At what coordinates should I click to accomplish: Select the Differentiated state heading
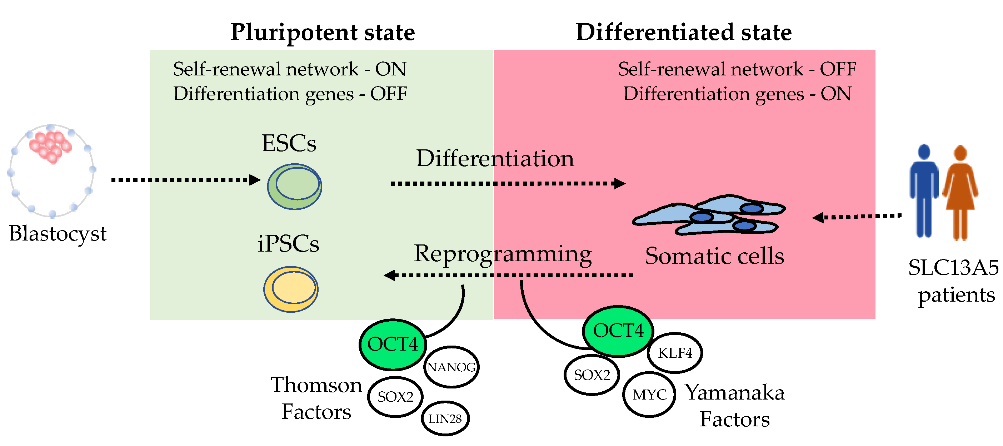coord(684,32)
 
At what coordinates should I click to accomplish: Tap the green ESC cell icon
coord(294,187)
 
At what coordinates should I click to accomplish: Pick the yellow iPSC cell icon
coord(291,289)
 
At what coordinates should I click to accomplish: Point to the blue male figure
coord(924,191)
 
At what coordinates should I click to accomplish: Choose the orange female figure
coord(960,193)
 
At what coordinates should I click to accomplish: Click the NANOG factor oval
coord(451,367)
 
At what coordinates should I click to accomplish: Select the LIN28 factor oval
coord(445,418)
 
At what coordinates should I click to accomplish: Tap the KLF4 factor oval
coord(675,352)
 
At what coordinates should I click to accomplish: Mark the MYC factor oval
coord(649,395)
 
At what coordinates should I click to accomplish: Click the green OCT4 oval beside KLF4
coord(618,331)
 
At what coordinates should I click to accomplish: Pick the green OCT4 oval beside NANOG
coord(393,345)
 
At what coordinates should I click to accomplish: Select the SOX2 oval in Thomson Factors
coord(395,397)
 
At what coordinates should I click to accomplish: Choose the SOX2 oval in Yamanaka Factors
coord(592,375)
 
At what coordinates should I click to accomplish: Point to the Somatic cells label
coord(714,256)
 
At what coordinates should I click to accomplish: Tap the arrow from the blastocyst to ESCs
coord(186,180)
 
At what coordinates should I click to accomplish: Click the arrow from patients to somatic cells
coord(857,217)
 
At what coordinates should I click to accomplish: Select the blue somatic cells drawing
coord(709,215)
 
